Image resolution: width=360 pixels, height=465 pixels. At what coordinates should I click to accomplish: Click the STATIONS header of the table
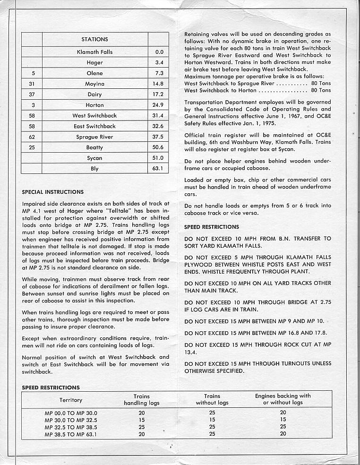point(94,39)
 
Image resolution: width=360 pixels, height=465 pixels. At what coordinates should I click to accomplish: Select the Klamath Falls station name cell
point(94,52)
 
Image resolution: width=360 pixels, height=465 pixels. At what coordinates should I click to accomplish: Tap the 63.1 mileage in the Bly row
point(158,169)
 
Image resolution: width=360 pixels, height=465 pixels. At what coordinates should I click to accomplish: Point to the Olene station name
point(94,73)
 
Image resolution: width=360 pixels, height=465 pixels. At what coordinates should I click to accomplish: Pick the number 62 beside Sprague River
point(32,137)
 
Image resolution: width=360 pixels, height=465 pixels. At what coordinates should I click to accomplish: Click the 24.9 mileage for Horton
point(158,105)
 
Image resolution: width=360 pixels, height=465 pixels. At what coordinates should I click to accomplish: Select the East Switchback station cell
point(94,126)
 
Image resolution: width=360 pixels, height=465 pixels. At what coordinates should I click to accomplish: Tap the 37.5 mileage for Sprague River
point(158,137)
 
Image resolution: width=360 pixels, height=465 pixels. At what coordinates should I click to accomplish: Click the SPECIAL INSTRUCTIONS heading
point(53,192)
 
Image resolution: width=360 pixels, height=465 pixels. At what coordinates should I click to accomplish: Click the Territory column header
point(71,400)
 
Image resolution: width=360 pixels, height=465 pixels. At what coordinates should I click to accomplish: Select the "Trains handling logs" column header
point(142,400)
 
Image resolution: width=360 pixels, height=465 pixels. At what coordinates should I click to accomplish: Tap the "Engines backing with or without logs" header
point(283,399)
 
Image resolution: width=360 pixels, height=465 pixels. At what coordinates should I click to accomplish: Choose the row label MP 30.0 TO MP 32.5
point(70,419)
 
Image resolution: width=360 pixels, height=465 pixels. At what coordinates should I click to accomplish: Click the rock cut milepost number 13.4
point(191,352)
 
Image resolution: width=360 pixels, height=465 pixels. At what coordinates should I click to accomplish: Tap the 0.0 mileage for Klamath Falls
point(158,52)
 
